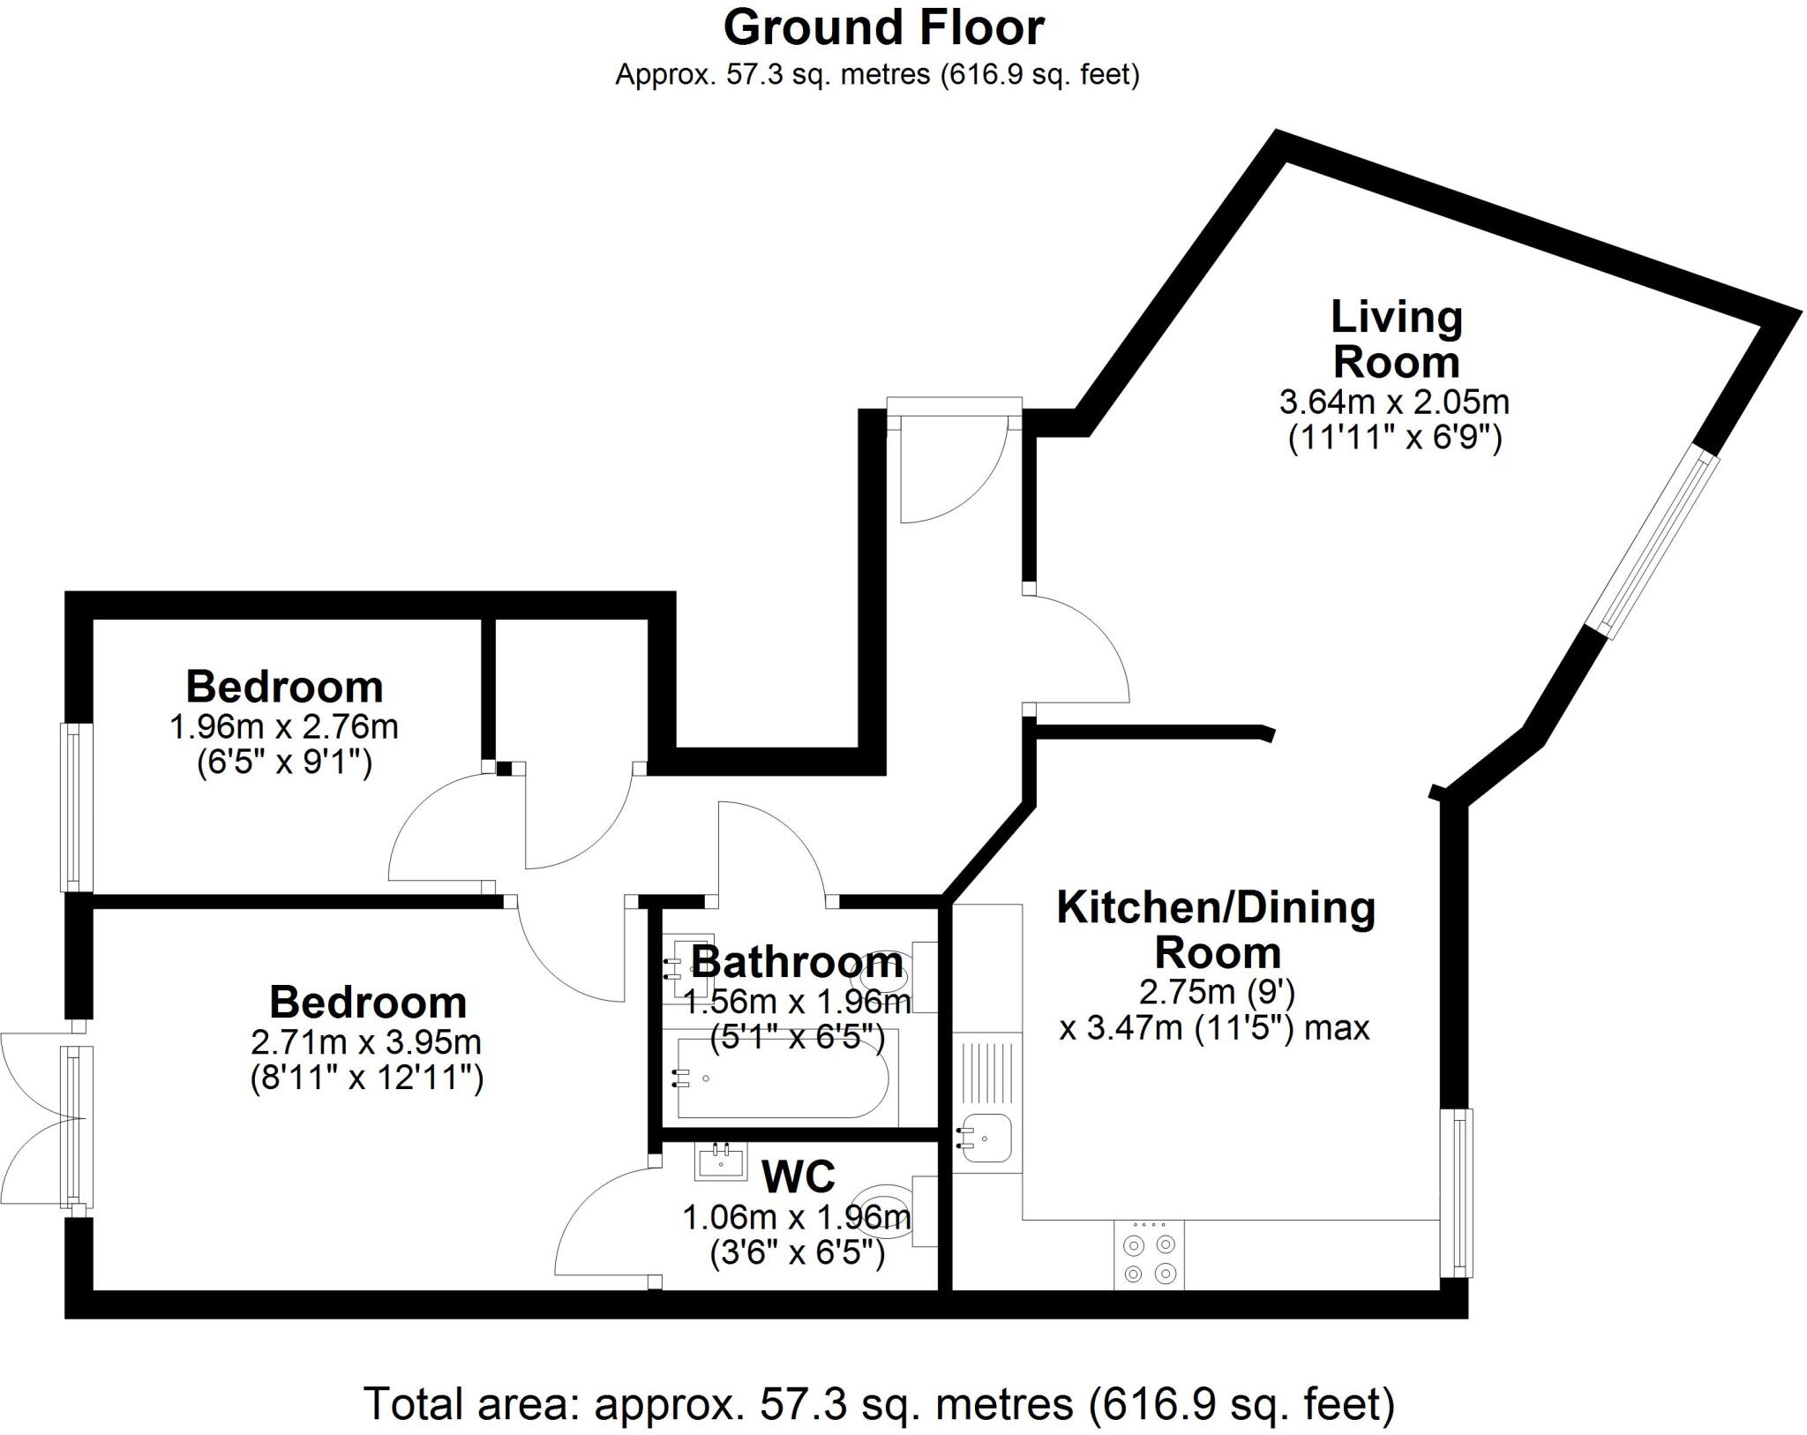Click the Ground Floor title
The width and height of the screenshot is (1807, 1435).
883,28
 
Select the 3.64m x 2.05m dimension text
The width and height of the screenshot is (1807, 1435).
1394,402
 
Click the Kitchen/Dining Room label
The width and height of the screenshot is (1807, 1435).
1217,930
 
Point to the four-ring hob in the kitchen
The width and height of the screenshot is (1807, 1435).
1149,1258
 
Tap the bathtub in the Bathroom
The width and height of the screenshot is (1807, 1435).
780,1078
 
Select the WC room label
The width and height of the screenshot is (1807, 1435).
799,1176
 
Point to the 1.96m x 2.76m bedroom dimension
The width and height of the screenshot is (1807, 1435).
283,727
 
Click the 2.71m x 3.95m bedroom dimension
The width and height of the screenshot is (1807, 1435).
366,1042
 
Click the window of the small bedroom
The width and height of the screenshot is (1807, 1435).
77,807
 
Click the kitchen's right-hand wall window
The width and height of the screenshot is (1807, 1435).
1457,1191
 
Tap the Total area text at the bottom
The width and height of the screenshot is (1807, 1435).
879,1403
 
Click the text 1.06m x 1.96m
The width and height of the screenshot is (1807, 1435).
796,1219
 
